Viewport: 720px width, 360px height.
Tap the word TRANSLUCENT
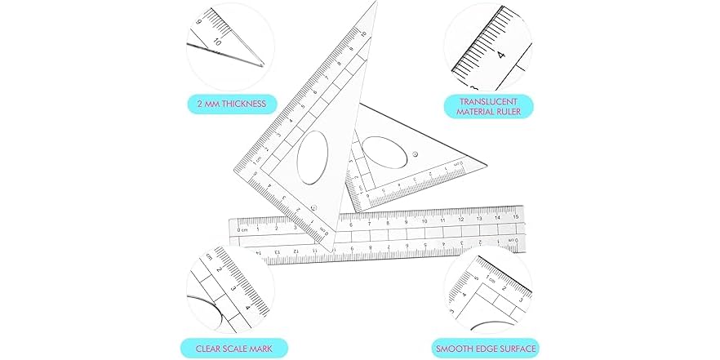click(487, 101)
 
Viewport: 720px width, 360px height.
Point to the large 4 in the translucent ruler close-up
click(500, 56)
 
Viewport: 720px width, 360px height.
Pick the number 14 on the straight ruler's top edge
click(498, 217)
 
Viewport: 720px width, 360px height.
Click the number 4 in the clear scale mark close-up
click(248, 309)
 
